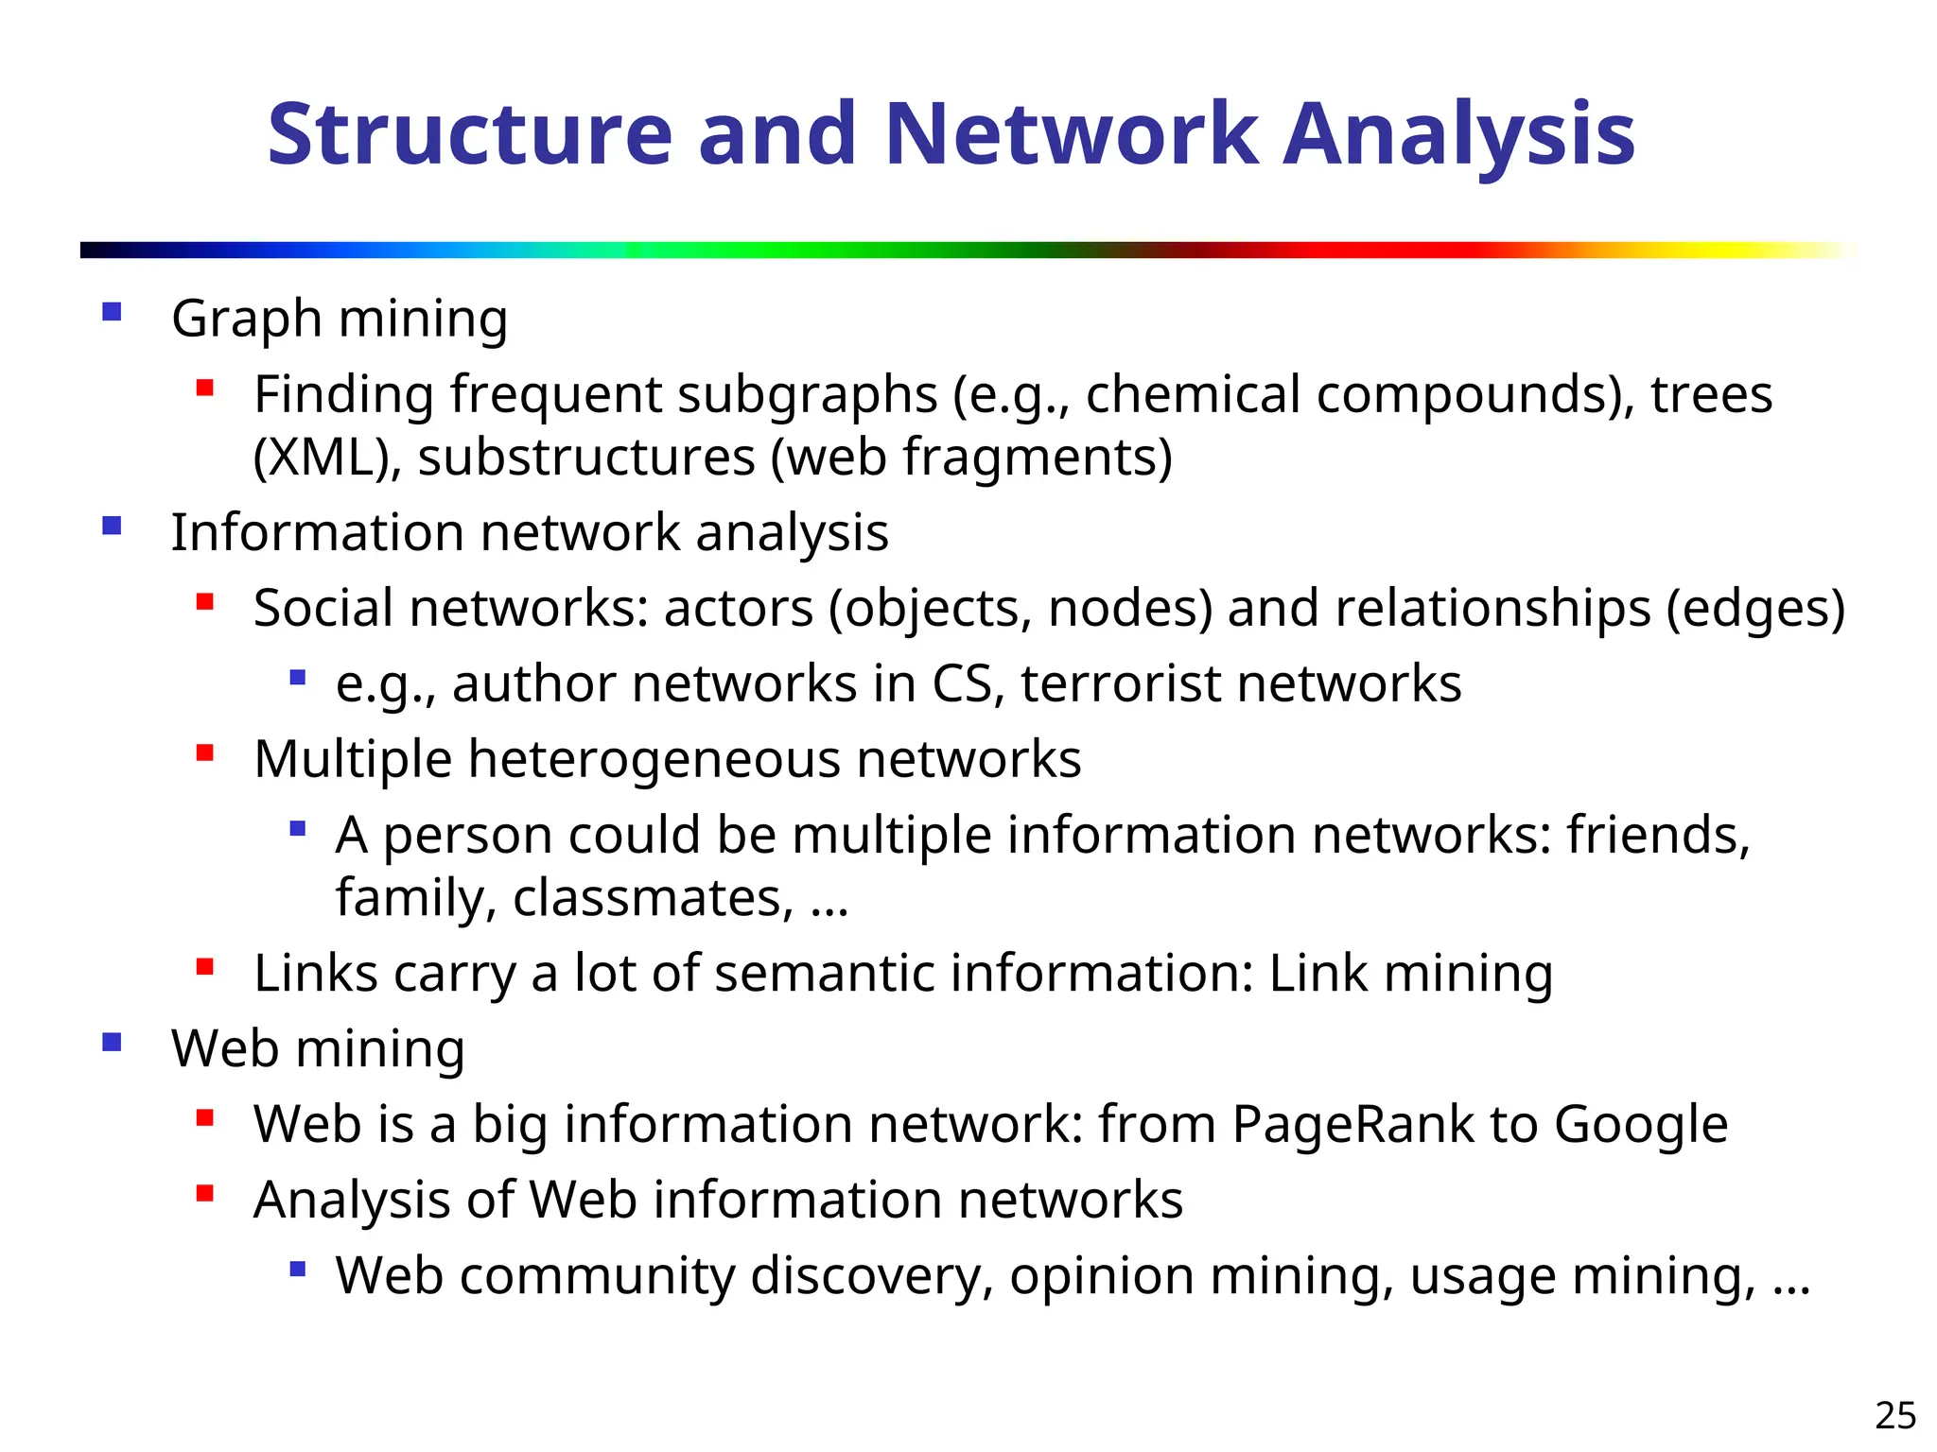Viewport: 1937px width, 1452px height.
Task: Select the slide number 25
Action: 1895,1416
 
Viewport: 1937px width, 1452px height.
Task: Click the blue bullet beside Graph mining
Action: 112,312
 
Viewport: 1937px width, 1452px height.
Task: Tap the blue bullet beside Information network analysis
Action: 112,526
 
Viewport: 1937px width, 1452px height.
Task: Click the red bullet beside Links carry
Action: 204,967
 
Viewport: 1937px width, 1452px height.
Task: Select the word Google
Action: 1640,1125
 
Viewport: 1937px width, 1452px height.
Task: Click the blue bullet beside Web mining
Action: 112,1043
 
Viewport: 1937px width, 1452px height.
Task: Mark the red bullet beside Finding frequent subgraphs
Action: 204,388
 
